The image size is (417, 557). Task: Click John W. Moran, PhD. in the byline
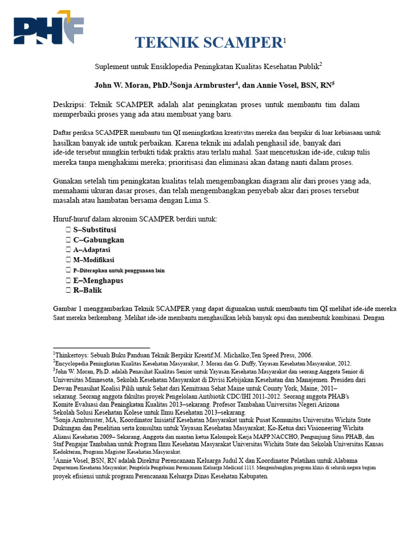[x=131, y=85]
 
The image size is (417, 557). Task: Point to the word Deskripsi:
[x=69, y=104]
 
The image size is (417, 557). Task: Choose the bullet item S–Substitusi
[x=94, y=230]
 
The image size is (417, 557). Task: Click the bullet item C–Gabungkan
[x=98, y=240]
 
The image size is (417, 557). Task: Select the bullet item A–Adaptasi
[x=92, y=250]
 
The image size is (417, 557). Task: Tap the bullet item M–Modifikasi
[x=93, y=260]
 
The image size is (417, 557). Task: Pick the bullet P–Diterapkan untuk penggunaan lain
[x=119, y=270]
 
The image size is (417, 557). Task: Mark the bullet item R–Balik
[x=87, y=290]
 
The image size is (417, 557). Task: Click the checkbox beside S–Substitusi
[x=68, y=230]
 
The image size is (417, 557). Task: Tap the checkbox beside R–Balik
[x=68, y=290]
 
